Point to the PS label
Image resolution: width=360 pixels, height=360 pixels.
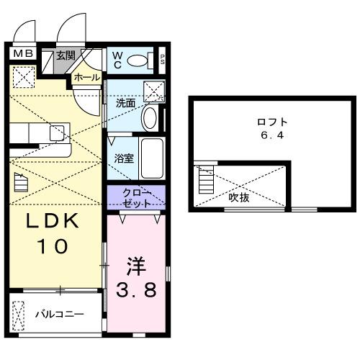[163, 59]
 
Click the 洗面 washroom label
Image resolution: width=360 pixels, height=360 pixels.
[125, 102]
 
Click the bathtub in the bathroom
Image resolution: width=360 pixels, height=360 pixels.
[152, 158]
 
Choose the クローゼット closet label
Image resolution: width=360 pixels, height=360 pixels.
[136, 197]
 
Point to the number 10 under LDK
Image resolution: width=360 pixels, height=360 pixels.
[51, 246]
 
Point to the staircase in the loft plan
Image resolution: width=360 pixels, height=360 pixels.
[206, 180]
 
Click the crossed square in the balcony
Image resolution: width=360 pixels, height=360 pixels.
[19, 315]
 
